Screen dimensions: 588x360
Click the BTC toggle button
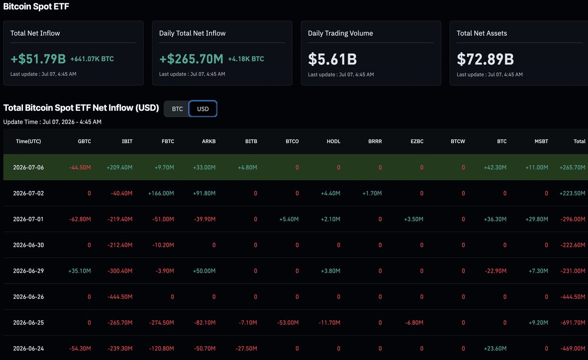click(177, 109)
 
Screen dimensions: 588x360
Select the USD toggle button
click(203, 109)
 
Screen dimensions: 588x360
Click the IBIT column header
click(127, 142)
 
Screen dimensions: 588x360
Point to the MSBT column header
click(541, 142)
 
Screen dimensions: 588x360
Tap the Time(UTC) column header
click(28, 142)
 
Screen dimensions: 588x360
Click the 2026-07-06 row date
click(28, 168)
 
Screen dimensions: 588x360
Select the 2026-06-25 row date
click(28, 322)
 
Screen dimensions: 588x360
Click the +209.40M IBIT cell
click(120, 168)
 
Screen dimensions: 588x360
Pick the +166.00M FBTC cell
click(161, 193)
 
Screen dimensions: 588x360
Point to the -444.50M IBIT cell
click(120, 297)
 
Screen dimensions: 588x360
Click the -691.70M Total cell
click(573, 322)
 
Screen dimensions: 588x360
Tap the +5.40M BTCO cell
click(289, 219)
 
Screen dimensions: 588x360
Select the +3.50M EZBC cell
click(414, 219)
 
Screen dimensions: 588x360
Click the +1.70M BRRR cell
click(372, 193)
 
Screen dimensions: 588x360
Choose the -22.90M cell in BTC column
click(495, 271)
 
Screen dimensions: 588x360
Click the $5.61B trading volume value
click(332, 59)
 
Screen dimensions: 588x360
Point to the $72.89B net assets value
click(485, 59)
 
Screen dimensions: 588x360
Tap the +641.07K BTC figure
click(92, 59)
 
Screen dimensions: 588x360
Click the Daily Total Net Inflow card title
click(193, 33)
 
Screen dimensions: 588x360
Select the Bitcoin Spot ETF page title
click(36, 6)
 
